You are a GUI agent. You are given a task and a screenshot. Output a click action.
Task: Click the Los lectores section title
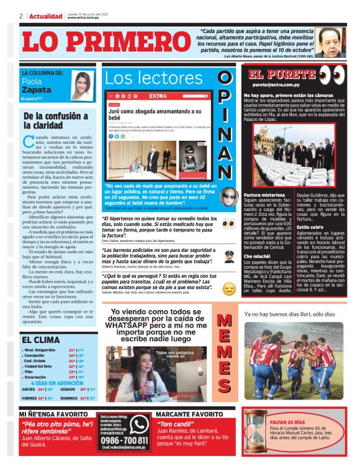[x=155, y=78]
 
